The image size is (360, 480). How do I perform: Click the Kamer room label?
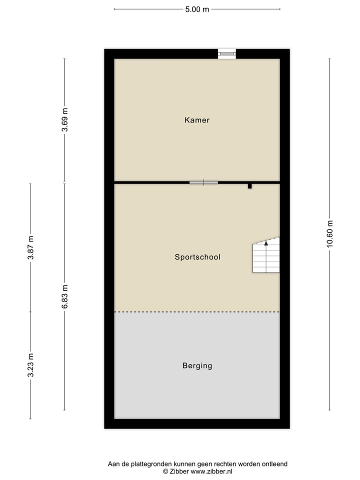[197, 120]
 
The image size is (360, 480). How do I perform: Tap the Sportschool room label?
[197, 257]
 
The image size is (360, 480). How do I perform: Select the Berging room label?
[197, 365]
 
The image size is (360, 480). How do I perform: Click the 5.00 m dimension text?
[197, 9]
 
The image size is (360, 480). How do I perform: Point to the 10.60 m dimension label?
[329, 233]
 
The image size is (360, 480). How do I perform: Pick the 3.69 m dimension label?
[64, 120]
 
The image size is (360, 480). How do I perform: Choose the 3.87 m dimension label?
[30, 247]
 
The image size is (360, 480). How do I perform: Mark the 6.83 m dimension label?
[64, 296]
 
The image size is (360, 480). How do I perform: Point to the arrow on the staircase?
[266, 243]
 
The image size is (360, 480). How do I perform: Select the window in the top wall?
[226, 53]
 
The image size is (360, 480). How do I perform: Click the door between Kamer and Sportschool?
[203, 182]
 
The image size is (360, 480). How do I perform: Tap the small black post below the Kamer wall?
[250, 186]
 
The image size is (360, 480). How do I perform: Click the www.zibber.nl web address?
[211, 471]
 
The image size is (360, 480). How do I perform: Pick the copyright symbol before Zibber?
[165, 471]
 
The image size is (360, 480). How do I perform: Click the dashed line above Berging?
[197, 312]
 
